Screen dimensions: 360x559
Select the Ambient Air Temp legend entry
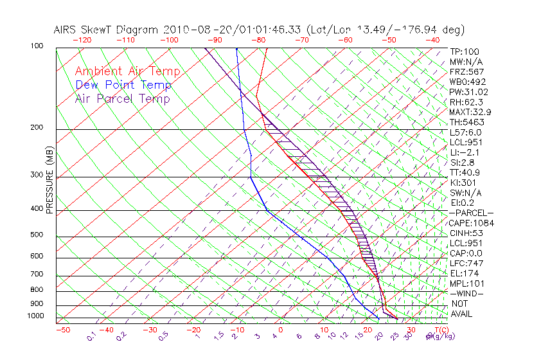coord(127,71)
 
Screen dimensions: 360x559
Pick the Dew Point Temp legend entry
coord(123,85)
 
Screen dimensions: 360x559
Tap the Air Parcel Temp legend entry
coord(122,98)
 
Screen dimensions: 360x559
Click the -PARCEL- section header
coord(472,213)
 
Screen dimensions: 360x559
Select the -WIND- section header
coord(466,294)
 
